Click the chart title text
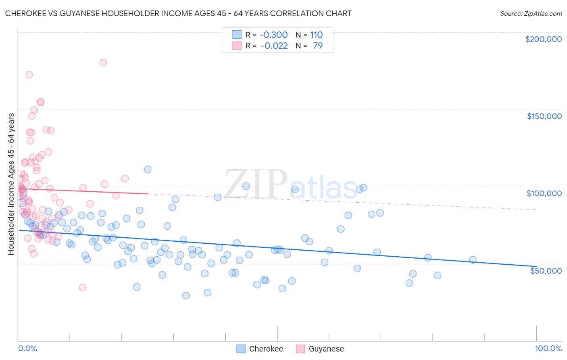click(x=178, y=13)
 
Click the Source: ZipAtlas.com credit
click(x=531, y=13)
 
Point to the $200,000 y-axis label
click(x=543, y=39)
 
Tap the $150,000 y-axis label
click(x=544, y=116)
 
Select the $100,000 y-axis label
click(x=544, y=193)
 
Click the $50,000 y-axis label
click(x=546, y=270)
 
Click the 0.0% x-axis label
click(x=27, y=348)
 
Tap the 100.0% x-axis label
click(x=548, y=348)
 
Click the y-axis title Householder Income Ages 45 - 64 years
click(x=11, y=184)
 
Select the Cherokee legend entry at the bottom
click(x=266, y=349)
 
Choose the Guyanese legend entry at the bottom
click(x=326, y=349)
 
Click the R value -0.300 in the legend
click(x=273, y=35)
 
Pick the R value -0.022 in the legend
click(x=274, y=46)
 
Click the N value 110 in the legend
click(x=316, y=35)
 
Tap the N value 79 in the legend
click(x=318, y=46)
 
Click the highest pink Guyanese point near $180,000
click(x=103, y=63)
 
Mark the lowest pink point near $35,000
click(x=83, y=287)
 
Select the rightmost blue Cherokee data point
click(x=473, y=260)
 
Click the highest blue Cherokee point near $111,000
click(x=148, y=170)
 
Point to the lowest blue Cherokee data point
click(x=186, y=295)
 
